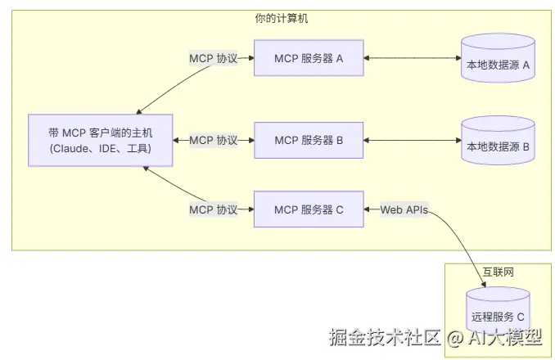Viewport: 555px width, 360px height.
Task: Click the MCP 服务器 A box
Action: point(309,59)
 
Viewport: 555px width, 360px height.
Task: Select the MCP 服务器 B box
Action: point(309,140)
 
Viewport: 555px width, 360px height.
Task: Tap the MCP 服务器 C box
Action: point(309,209)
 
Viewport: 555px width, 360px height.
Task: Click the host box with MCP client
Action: point(100,140)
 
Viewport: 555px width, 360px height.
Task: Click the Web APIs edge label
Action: point(404,209)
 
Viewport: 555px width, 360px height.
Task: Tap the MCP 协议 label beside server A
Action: point(213,59)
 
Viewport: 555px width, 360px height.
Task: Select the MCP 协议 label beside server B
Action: point(213,140)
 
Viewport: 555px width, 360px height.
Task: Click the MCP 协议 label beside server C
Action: point(213,209)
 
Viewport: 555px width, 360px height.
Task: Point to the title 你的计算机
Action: point(282,17)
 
